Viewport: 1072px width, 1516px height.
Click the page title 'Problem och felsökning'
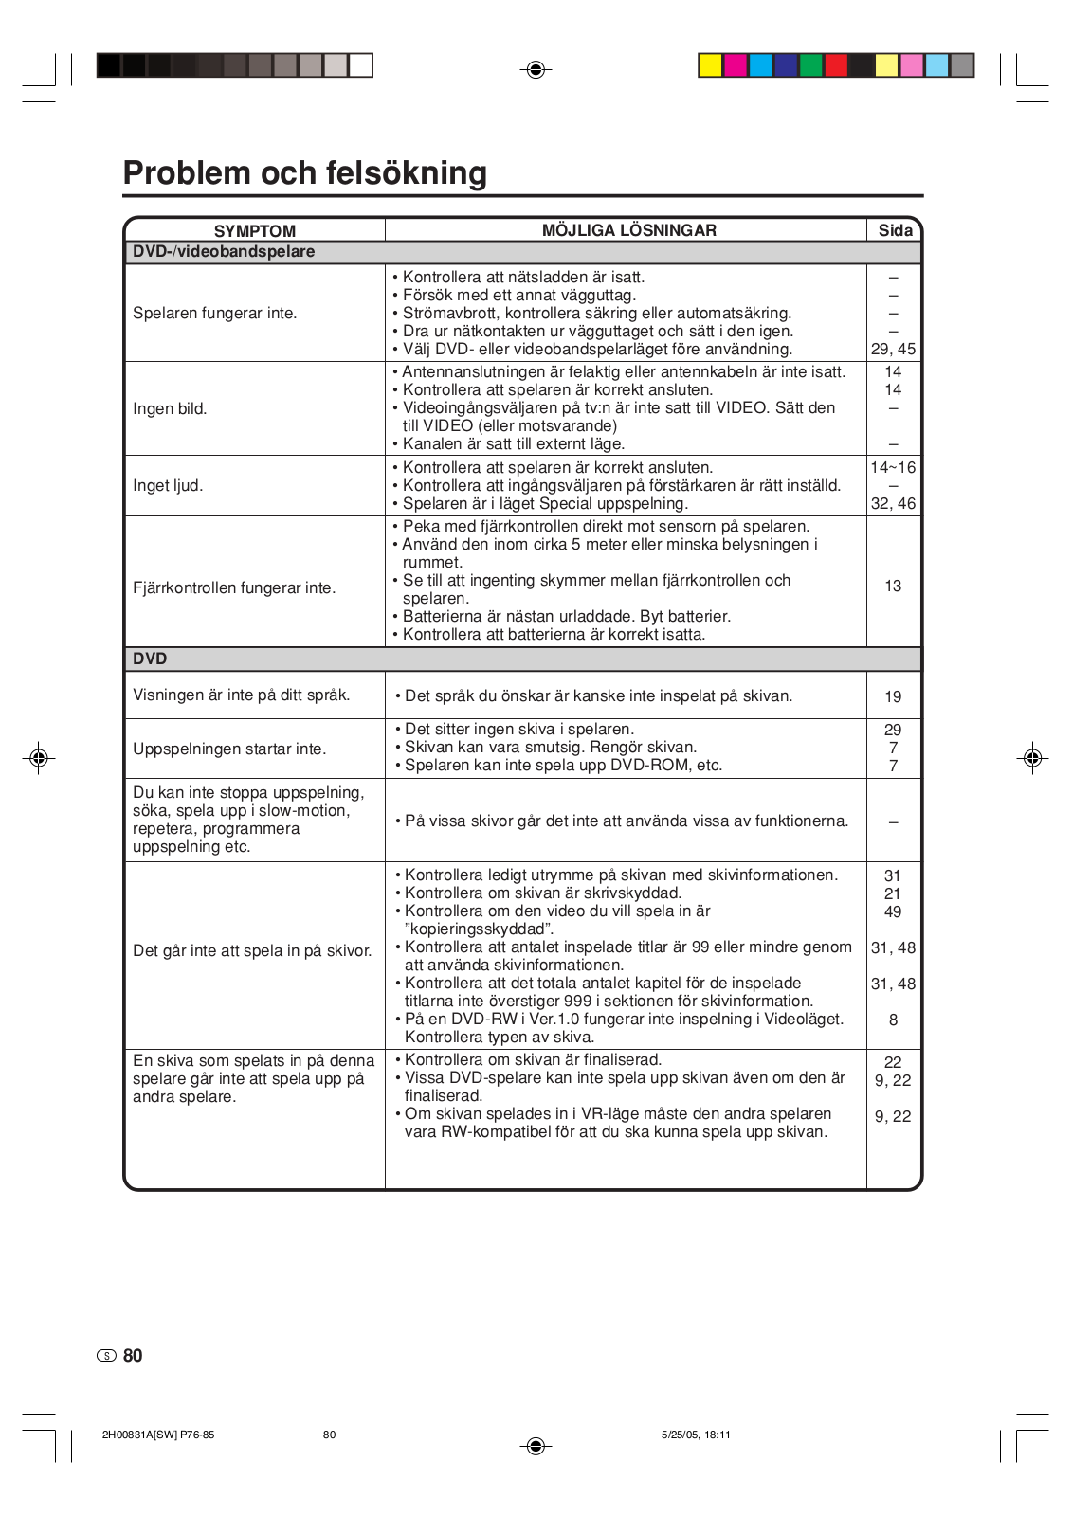tap(305, 173)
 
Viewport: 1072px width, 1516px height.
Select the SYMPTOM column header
tap(254, 231)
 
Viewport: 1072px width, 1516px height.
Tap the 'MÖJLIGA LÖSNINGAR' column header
tap(628, 230)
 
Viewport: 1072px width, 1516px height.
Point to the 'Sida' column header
tap(895, 230)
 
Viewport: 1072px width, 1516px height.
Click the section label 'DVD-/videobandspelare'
tap(224, 252)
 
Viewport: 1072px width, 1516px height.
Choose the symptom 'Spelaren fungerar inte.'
tap(214, 314)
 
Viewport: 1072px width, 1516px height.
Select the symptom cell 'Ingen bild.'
tap(170, 409)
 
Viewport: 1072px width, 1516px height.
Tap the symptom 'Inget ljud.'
tap(168, 486)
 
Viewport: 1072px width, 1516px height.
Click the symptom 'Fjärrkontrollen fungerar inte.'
tap(234, 588)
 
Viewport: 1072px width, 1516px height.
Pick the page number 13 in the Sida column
tap(893, 587)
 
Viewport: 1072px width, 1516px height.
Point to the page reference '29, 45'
tap(893, 349)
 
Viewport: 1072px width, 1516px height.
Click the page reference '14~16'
tap(893, 468)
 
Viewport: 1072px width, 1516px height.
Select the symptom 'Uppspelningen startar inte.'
tap(229, 749)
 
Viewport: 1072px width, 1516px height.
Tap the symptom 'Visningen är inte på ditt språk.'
tap(241, 695)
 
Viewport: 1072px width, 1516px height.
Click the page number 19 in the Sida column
tap(893, 697)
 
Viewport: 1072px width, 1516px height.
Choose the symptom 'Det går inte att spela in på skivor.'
tap(252, 951)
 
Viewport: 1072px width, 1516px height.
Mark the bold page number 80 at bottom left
tap(133, 1356)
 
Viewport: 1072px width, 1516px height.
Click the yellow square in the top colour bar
tap(710, 65)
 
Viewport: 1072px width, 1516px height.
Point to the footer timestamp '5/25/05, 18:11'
tap(696, 1435)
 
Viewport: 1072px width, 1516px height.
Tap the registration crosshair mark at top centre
tap(536, 69)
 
